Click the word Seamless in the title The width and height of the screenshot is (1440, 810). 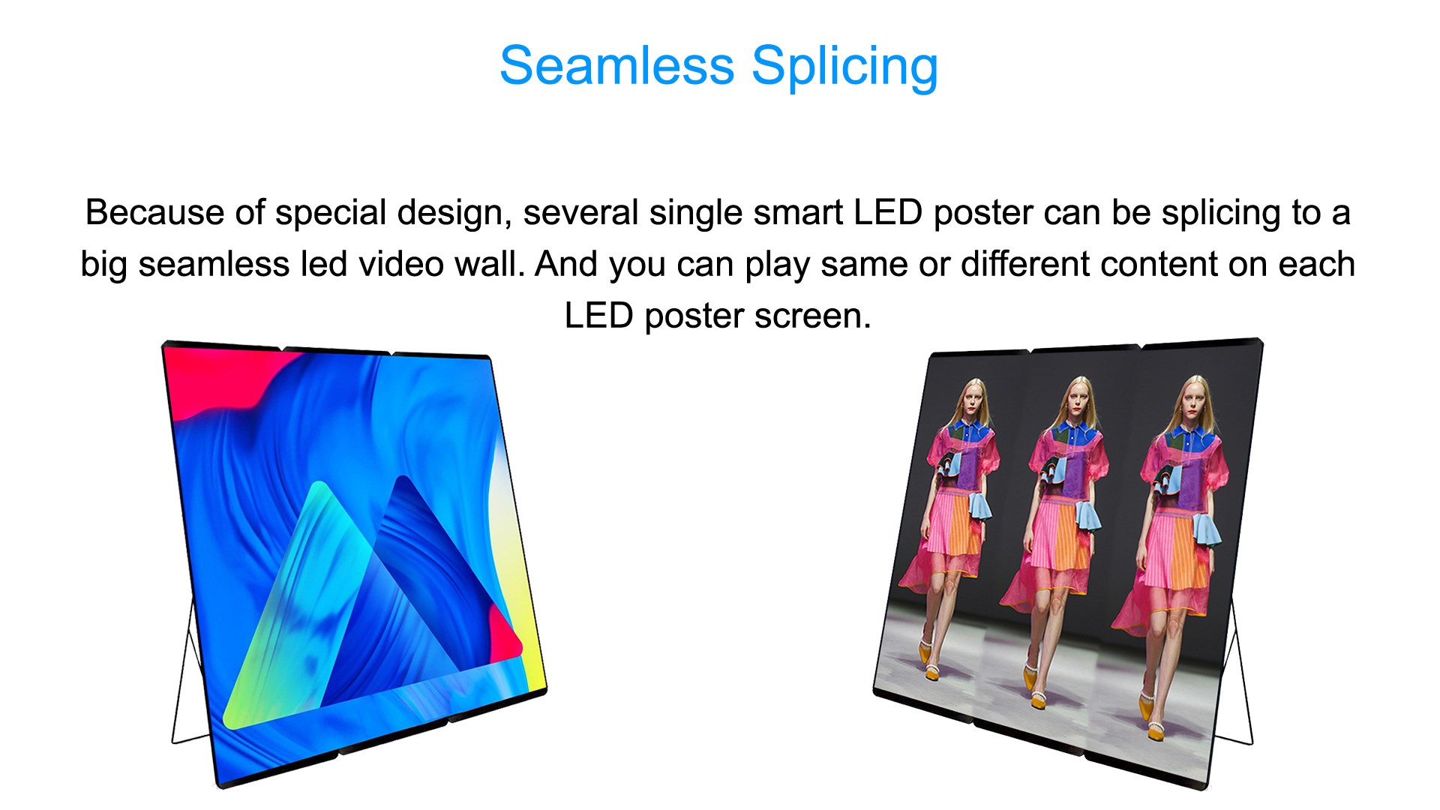(x=616, y=65)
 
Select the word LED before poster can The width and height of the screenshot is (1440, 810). (x=888, y=212)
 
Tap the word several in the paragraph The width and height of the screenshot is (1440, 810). (x=580, y=212)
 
